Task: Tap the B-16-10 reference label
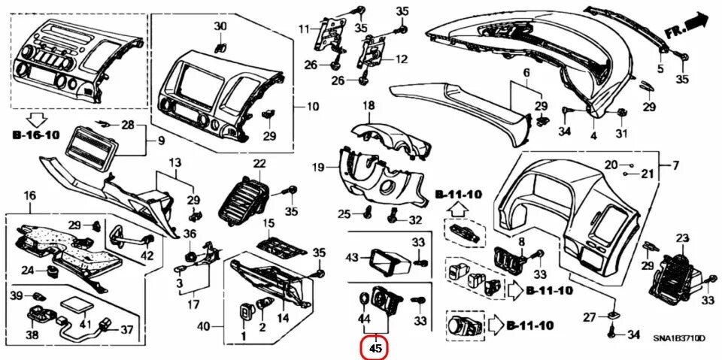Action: (x=35, y=136)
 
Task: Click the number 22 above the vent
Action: (x=259, y=163)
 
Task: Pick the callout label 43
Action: (x=352, y=258)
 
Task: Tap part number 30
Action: (x=220, y=26)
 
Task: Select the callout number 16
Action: (x=29, y=196)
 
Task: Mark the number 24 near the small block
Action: (x=27, y=270)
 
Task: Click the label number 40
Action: (x=203, y=327)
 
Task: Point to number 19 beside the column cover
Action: (x=319, y=166)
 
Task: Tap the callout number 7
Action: (x=675, y=165)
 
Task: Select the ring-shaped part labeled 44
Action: (x=364, y=298)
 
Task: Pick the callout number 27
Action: (x=590, y=316)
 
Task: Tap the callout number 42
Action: (x=147, y=256)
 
